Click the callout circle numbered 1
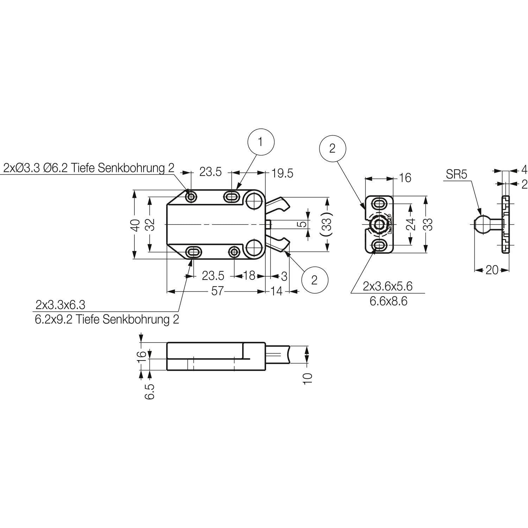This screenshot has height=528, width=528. pos(261,143)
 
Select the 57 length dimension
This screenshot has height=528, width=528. pos(217,291)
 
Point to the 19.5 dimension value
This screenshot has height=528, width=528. pos(282,173)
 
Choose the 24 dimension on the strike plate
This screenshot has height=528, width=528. pos(410,225)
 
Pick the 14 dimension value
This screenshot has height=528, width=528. pos(277,291)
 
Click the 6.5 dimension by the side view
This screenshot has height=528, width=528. pos(150,391)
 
